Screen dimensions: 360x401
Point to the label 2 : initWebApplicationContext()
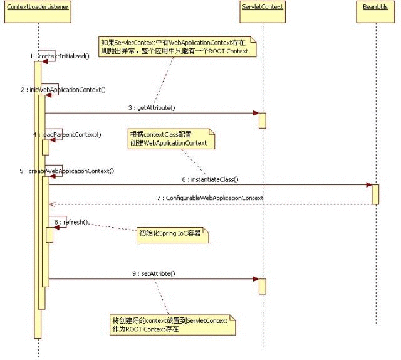[x=63, y=90]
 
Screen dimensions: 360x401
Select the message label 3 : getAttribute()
[x=152, y=108]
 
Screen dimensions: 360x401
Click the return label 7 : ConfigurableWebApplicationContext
[x=210, y=198]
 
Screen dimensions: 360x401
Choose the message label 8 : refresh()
[x=71, y=222]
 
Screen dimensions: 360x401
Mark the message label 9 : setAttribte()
[x=153, y=273]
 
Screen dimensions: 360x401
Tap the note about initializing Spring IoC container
[x=173, y=236]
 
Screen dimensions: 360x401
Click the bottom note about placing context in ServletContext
[x=172, y=324]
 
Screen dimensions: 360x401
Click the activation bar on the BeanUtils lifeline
[x=375, y=194]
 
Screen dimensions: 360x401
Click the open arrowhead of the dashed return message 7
[x=52, y=204]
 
